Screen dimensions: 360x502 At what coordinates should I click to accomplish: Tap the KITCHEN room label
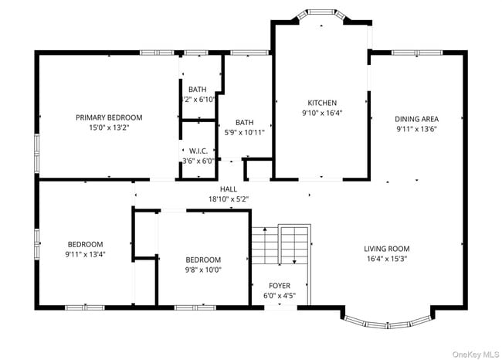(322, 103)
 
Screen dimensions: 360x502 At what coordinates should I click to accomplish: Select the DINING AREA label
(416, 119)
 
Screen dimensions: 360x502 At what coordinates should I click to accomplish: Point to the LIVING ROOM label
(386, 249)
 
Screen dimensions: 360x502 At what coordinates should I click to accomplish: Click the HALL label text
(228, 188)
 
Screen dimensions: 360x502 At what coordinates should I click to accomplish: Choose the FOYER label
(280, 286)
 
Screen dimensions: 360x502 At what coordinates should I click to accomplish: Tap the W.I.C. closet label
(197, 151)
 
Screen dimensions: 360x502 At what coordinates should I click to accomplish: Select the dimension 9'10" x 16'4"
(322, 113)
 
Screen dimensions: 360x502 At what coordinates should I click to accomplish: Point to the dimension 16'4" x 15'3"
(386, 259)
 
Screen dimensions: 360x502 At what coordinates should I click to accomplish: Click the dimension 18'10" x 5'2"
(228, 199)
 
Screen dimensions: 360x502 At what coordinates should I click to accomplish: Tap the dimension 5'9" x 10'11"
(244, 132)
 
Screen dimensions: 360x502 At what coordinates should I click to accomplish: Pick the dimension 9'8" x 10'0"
(203, 270)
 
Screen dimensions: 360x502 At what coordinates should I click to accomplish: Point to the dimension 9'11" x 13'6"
(416, 129)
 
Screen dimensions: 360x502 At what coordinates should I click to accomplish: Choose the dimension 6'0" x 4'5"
(280, 295)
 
